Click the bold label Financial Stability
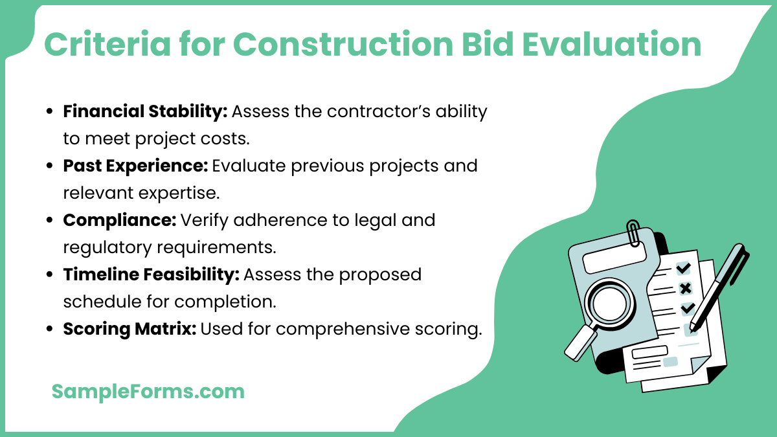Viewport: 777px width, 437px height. tap(144, 111)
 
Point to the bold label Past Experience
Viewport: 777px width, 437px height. tap(135, 166)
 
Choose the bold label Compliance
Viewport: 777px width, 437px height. tap(119, 220)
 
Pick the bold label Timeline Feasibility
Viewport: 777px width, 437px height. tap(151, 275)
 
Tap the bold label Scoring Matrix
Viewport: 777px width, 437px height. tap(129, 329)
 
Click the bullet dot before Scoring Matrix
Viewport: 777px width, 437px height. tap(50, 330)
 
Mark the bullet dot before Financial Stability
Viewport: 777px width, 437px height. tap(50, 112)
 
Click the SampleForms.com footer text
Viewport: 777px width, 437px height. tap(148, 391)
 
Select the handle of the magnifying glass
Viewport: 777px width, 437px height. tap(579, 342)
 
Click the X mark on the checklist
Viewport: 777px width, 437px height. tap(684, 289)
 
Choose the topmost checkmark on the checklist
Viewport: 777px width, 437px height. tap(683, 268)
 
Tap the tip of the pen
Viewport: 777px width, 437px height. tap(693, 326)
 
